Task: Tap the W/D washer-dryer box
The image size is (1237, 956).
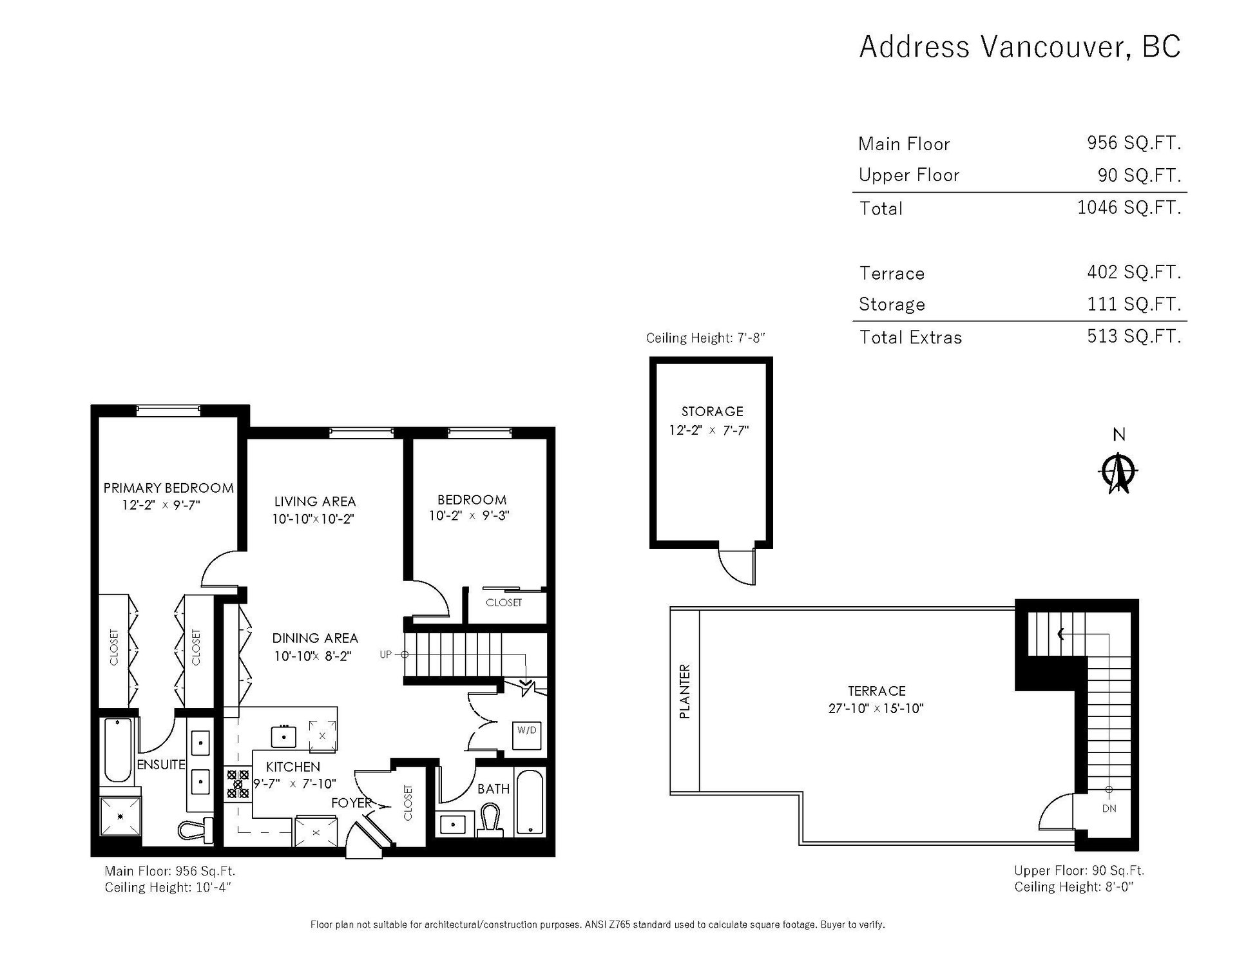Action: coord(526,730)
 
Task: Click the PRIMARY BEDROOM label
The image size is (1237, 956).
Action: coord(169,488)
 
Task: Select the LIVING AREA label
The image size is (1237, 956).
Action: coord(314,501)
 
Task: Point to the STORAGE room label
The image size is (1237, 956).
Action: coord(712,411)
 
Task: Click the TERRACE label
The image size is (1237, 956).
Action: coord(876,691)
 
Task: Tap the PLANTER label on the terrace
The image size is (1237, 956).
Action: coord(685,691)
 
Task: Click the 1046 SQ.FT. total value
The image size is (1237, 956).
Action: coord(1129,207)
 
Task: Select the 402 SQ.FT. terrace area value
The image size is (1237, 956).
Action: coord(1134,272)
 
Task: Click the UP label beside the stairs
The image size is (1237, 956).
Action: coord(385,655)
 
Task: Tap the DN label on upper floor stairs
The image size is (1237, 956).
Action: coord(1109,808)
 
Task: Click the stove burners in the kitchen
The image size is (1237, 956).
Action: coord(238,784)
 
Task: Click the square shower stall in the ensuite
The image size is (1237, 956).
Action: coord(120,816)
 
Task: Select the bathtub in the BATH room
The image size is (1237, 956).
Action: coord(529,803)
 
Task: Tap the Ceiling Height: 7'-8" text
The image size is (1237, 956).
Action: coord(705,338)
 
